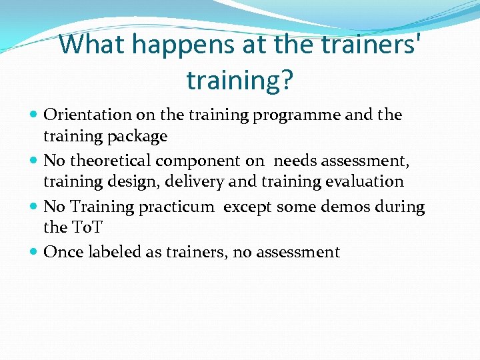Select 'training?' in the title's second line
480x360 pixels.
coord(240,80)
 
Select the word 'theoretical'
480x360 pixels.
coord(111,160)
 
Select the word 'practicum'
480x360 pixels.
coord(177,207)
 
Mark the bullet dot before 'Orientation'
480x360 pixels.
coord(34,115)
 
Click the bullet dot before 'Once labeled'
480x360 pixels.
coord(34,253)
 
